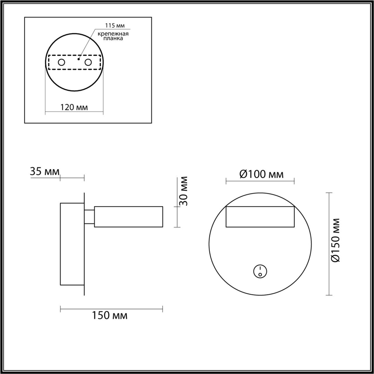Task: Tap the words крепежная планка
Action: [113, 36]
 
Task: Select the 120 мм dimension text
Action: [74, 107]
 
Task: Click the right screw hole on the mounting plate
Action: [88, 62]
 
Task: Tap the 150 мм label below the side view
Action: [110, 316]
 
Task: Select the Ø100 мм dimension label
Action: [261, 174]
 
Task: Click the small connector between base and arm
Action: [90, 217]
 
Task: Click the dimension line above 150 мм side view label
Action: [111, 309]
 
